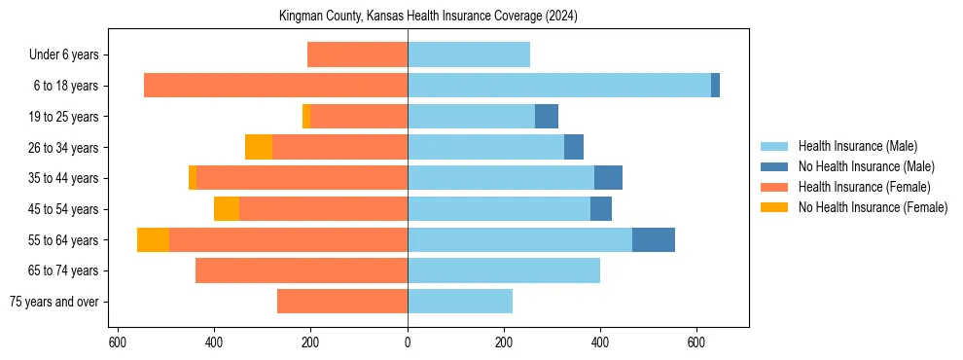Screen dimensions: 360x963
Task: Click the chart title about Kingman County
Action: [x=428, y=17]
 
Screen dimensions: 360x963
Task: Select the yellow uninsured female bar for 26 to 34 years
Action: [x=259, y=147]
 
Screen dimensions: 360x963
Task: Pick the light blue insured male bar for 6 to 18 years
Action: [x=558, y=86]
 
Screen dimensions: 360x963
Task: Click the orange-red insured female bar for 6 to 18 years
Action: [x=275, y=86]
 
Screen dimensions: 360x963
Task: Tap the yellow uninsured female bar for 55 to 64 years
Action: [x=153, y=240]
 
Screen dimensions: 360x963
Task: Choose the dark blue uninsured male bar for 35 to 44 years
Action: [x=608, y=178]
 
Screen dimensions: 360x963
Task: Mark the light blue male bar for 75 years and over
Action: [x=459, y=302]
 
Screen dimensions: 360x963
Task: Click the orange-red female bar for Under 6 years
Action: [x=357, y=55]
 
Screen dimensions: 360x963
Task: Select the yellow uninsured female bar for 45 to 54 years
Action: [x=227, y=209]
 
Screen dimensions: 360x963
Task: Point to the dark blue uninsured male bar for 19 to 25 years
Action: [x=546, y=117]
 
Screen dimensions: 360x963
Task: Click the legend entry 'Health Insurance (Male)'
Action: [x=857, y=146]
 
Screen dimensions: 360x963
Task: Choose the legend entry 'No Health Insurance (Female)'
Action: [x=873, y=207]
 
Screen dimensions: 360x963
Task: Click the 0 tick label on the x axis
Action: [x=408, y=342]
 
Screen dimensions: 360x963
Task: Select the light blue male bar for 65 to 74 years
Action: [x=503, y=270]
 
